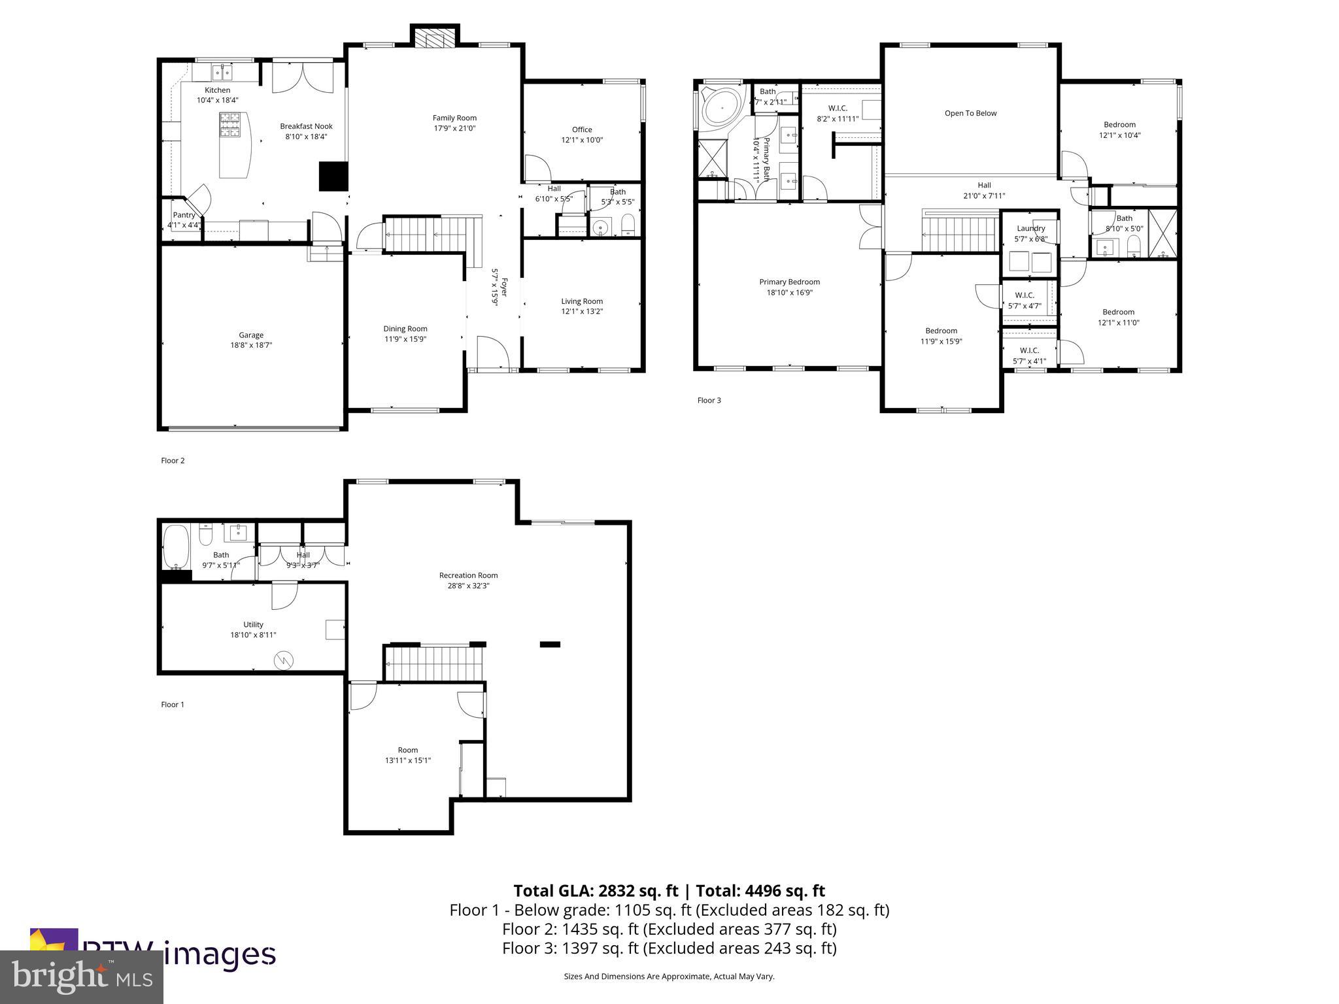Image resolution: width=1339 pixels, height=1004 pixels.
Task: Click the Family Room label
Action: tap(454, 118)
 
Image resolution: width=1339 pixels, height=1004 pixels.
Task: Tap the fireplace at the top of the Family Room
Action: tap(435, 39)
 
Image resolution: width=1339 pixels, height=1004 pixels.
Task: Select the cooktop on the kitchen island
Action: tap(230, 124)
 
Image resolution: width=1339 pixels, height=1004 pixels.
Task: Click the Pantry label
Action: tap(184, 215)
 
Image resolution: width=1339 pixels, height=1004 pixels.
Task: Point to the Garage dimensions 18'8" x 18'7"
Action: tap(251, 345)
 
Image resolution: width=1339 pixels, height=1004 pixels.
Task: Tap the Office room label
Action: tap(582, 129)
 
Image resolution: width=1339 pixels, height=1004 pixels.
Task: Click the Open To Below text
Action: tap(970, 113)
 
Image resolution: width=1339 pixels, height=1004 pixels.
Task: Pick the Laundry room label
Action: tap(1030, 228)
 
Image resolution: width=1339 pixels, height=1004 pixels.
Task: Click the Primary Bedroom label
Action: tap(789, 282)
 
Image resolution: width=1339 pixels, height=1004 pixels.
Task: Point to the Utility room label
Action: tap(253, 624)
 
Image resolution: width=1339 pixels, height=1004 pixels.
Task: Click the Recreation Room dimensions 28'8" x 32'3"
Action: tap(468, 586)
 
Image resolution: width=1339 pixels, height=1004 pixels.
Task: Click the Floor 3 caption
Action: tap(709, 400)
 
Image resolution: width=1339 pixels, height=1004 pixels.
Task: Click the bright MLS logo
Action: tap(81, 977)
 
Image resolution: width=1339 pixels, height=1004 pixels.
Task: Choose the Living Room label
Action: tap(582, 301)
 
